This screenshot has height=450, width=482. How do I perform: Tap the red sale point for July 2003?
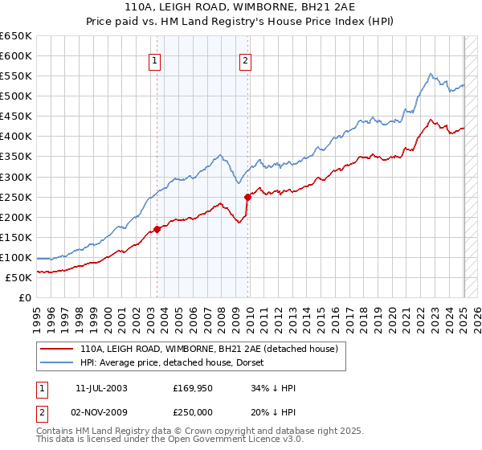157,229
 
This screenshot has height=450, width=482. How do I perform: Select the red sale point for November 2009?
247,196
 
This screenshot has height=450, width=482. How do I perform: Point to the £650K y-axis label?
16,36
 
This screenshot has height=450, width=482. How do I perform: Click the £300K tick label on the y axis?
16,177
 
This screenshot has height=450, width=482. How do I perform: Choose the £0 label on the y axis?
26,297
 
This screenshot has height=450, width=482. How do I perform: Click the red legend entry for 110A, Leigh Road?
214,348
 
